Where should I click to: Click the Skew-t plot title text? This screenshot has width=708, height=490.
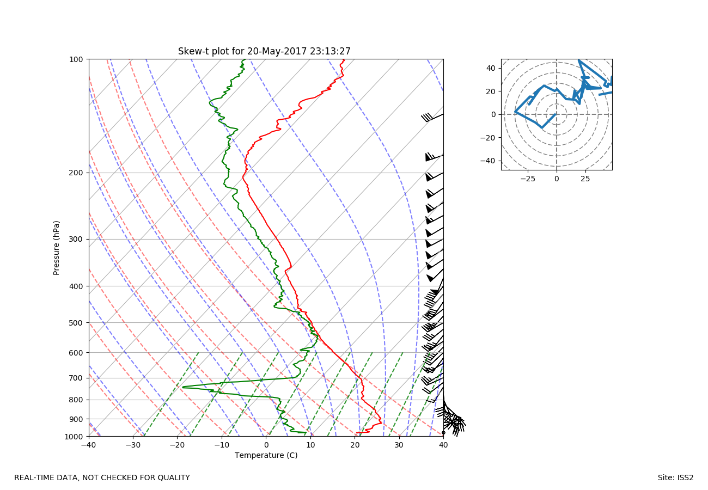point(264,51)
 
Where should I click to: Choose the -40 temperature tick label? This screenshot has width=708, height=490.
point(89,446)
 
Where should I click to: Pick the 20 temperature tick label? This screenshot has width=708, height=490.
point(355,446)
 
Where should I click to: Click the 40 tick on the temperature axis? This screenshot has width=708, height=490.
point(443,446)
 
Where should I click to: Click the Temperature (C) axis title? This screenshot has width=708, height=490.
point(266,455)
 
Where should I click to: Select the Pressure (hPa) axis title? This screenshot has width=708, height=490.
point(56,248)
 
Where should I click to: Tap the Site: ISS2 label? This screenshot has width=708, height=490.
point(675,478)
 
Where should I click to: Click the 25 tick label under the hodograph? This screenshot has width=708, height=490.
point(585,179)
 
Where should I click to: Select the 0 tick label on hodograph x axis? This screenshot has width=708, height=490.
point(556,179)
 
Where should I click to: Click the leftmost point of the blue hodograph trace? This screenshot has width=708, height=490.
point(515,112)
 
